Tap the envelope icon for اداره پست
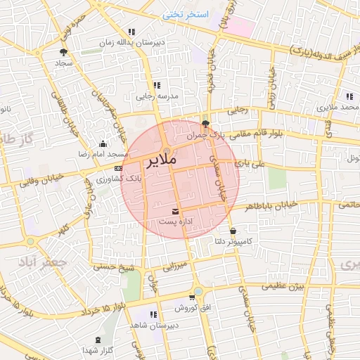tap(175, 211)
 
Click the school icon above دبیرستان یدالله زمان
tap(131, 32)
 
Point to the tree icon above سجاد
tap(64, 52)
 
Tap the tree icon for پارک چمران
tap(205, 124)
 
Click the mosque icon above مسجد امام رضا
tap(103, 143)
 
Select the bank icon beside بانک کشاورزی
tap(117, 169)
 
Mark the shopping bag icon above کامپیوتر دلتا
tap(233, 231)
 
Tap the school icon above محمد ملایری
tap(349, 96)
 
